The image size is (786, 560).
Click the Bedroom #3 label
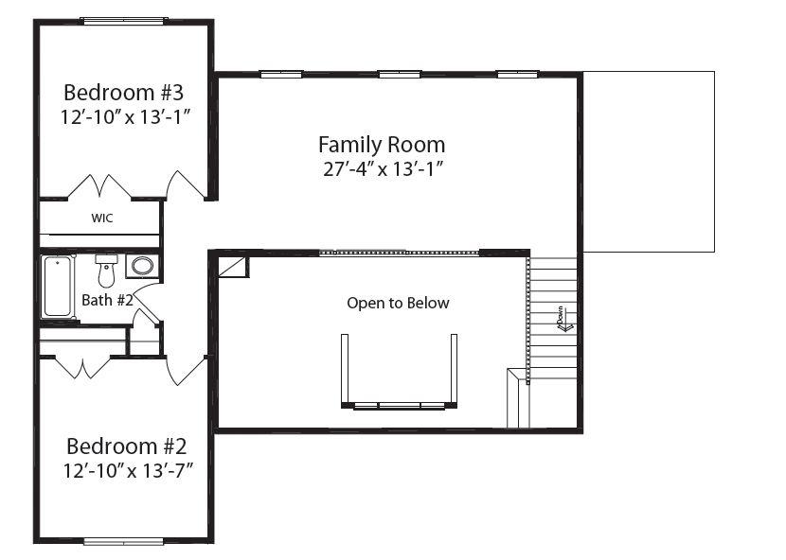[124, 93]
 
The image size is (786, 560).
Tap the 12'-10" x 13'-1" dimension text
[126, 117]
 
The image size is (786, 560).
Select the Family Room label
[382, 145]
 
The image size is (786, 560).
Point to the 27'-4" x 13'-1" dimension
[384, 169]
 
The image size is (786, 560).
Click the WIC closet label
[102, 218]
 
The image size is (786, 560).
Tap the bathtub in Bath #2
[58, 286]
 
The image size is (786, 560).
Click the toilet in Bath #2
[106, 271]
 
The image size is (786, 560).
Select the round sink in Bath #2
[142, 266]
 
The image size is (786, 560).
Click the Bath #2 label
[107, 300]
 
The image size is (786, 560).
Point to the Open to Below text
[398, 303]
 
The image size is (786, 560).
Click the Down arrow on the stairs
[565, 319]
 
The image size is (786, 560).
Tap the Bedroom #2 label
[126, 446]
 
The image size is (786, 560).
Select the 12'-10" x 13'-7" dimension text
[128, 471]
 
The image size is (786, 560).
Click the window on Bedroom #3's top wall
[124, 21]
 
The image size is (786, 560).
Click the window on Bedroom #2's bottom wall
[124, 541]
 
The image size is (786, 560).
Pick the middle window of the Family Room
[399, 75]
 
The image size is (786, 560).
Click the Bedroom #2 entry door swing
[187, 371]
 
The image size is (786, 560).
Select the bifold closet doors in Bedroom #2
[82, 367]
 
